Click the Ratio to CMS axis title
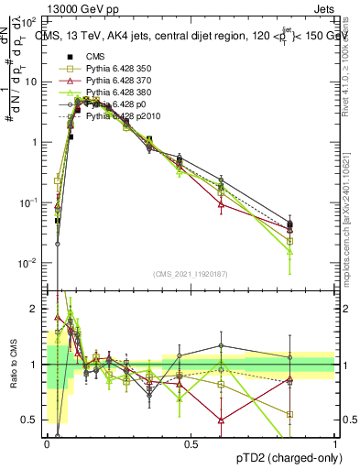click(12, 366)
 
